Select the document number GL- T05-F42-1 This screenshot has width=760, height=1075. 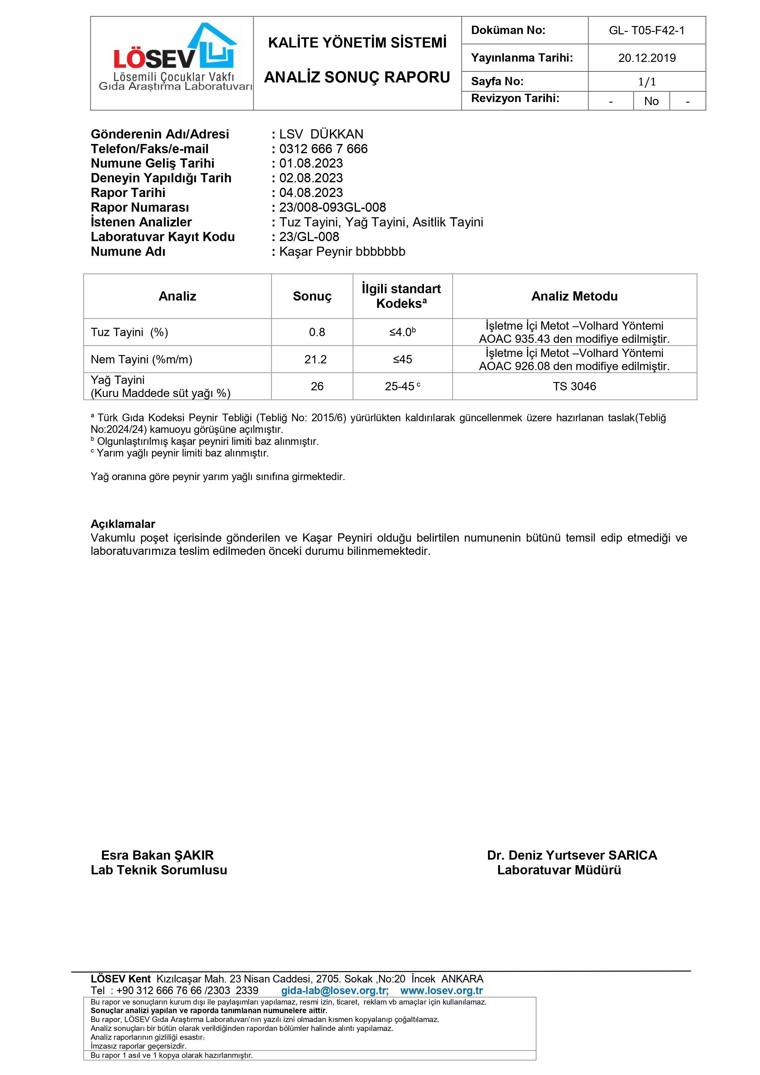(x=646, y=30)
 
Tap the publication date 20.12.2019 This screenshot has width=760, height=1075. (x=647, y=58)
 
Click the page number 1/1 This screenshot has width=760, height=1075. (x=647, y=82)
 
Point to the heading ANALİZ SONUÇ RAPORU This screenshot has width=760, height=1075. (x=357, y=77)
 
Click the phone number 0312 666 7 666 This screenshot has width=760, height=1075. (x=323, y=149)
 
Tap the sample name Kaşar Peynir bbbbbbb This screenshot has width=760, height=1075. (x=342, y=252)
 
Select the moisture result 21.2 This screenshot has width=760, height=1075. (x=316, y=360)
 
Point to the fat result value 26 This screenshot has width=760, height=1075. (x=317, y=386)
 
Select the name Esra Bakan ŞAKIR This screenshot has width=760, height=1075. (x=157, y=855)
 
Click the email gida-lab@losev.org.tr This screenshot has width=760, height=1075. (x=334, y=991)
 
